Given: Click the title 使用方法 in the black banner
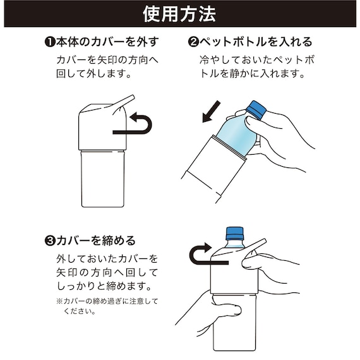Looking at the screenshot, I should click(179, 13).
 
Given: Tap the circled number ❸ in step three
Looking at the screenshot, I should click(50, 241).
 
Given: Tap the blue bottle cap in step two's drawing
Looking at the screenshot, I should click(255, 108).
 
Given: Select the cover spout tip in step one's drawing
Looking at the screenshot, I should click(129, 99).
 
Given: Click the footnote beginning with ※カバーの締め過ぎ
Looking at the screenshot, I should click(105, 306).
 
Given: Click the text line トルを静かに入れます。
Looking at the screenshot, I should click(254, 73).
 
